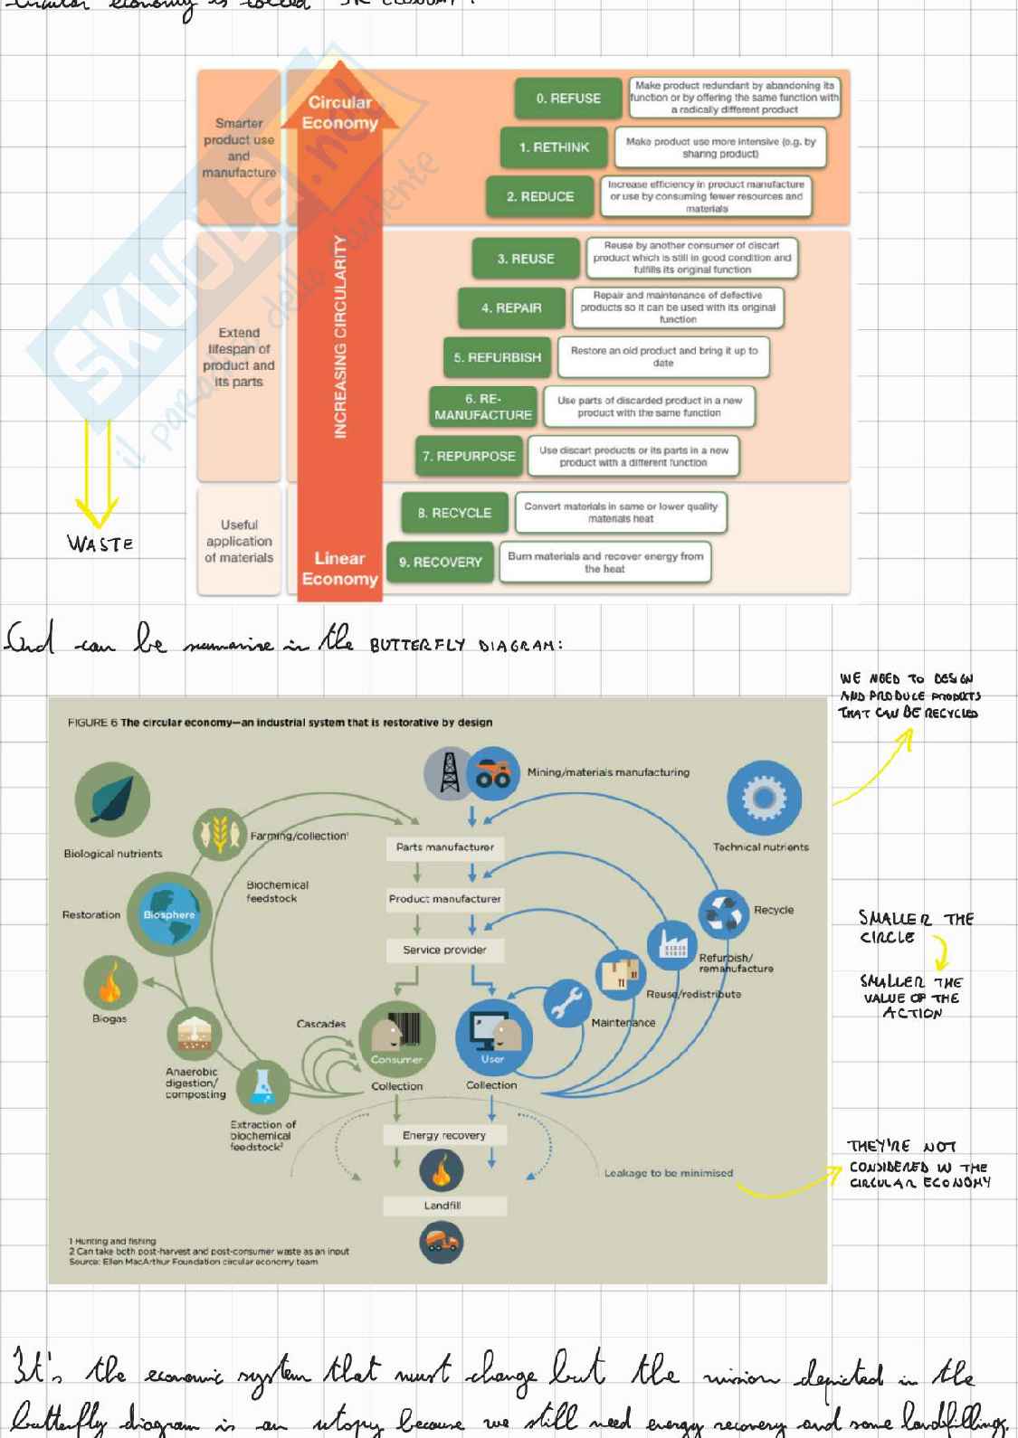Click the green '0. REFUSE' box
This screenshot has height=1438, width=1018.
pyautogui.click(x=568, y=99)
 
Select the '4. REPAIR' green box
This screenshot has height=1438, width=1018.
pyautogui.click(x=511, y=308)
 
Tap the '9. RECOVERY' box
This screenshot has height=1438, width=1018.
pyautogui.click(x=441, y=562)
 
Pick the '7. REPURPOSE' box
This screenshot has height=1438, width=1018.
pyautogui.click(x=469, y=457)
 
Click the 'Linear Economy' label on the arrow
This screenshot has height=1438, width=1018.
pyautogui.click(x=339, y=569)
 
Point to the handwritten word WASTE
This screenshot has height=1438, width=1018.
pyautogui.click(x=100, y=544)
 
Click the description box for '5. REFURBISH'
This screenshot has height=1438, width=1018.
pyautogui.click(x=664, y=356)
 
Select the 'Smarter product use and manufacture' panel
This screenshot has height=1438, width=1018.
pyautogui.click(x=239, y=147)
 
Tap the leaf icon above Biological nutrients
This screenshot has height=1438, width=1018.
pyautogui.click(x=112, y=799)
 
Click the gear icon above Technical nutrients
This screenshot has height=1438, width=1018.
pyautogui.click(x=764, y=798)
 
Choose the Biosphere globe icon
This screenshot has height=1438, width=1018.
pyautogui.click(x=169, y=914)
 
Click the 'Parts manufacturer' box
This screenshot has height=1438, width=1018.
pyautogui.click(x=444, y=847)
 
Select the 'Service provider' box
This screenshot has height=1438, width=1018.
pyautogui.click(x=444, y=950)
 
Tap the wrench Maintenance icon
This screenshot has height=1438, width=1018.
pyautogui.click(x=566, y=1003)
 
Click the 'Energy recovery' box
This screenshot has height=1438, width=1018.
pyautogui.click(x=444, y=1135)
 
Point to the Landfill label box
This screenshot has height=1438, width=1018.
pyautogui.click(x=442, y=1206)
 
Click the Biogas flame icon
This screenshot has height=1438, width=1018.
pyautogui.click(x=109, y=983)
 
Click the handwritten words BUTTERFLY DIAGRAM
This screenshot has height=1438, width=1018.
pyautogui.click(x=466, y=646)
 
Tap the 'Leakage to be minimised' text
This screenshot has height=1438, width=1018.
pyautogui.click(x=668, y=1173)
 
